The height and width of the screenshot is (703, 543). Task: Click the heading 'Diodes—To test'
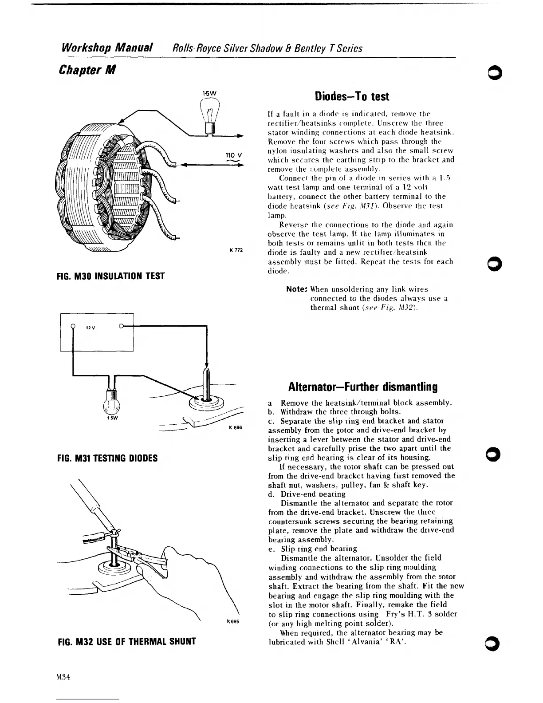click(x=351, y=97)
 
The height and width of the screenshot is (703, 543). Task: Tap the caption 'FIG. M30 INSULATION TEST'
click(x=111, y=276)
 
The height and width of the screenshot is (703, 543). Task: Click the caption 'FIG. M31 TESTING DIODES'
click(x=108, y=458)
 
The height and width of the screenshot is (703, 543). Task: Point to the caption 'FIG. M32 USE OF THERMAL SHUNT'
click(x=127, y=641)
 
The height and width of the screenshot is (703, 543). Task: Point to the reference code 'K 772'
click(x=236, y=250)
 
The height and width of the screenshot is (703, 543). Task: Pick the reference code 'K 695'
click(x=233, y=621)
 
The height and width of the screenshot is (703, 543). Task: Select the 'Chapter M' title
click(x=87, y=70)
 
